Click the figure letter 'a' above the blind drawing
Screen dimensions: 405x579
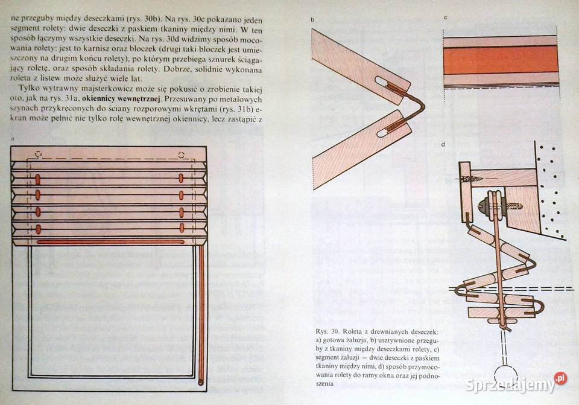13,139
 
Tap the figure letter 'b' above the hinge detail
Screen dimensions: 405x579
313,19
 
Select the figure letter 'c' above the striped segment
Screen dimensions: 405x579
445,18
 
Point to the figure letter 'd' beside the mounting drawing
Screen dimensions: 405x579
443,144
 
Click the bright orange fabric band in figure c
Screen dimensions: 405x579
500,60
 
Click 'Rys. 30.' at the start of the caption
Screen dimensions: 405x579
327,332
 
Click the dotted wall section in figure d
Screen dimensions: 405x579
552,193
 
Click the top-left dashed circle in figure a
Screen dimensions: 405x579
39,155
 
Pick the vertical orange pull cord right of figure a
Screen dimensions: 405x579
201,314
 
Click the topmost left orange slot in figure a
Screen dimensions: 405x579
38,178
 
